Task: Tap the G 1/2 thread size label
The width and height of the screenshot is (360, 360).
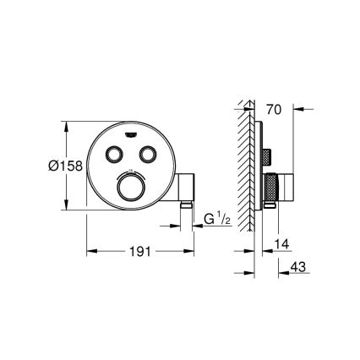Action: tap(217, 221)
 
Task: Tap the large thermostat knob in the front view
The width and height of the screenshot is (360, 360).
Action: tap(132, 188)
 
